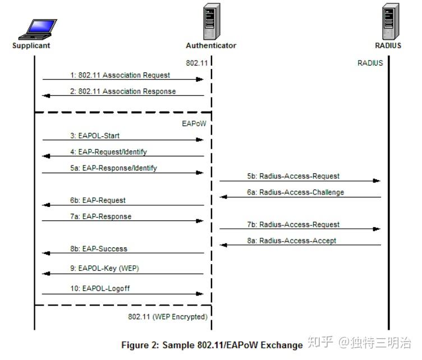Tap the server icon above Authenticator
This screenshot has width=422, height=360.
[x=212, y=21]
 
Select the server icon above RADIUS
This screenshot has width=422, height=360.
[x=389, y=21]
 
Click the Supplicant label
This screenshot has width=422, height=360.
[x=31, y=46]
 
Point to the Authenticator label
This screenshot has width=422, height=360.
[x=211, y=46]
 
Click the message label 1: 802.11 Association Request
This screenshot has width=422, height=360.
[x=120, y=75]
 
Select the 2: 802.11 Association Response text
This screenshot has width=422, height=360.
[x=123, y=91]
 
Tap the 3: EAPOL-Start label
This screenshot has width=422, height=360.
[x=95, y=136]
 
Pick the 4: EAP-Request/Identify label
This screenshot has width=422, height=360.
[x=108, y=152]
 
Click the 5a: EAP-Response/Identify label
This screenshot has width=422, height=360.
[x=113, y=168]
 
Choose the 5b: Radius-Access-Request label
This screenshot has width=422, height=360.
[x=293, y=176]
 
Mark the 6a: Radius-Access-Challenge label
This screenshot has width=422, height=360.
[x=296, y=192]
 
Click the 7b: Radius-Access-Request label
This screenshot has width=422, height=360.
[x=293, y=224]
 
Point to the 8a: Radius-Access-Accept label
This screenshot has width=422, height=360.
[x=292, y=241]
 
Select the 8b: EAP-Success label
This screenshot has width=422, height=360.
[x=99, y=248]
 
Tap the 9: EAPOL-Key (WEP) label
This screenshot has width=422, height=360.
[x=104, y=269]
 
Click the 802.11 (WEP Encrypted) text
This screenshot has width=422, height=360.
[x=167, y=317]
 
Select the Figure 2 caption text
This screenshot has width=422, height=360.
[x=212, y=345]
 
